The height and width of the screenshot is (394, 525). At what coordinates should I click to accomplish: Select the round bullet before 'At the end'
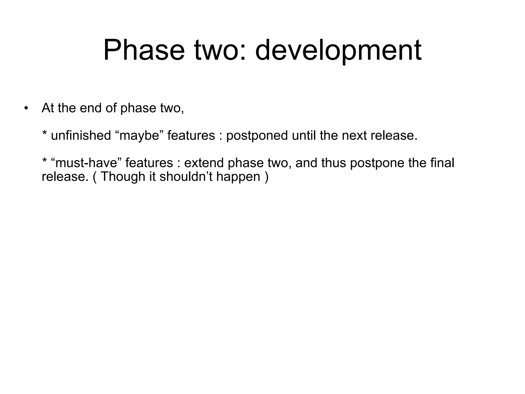(26, 108)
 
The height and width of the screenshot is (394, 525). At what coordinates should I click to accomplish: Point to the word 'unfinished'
(81, 135)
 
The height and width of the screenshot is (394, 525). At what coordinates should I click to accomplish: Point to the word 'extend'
(204, 163)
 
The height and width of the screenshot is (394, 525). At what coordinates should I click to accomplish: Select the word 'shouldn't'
(186, 177)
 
